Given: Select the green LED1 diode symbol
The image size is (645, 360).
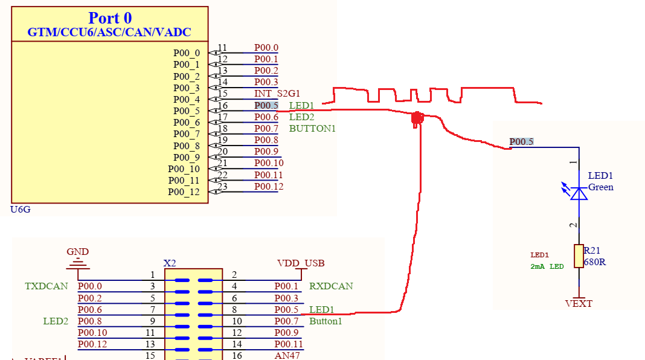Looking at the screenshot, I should (x=579, y=193).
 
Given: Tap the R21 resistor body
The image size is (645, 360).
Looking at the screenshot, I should (x=579, y=256).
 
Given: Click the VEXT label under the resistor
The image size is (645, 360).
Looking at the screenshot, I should (x=579, y=304).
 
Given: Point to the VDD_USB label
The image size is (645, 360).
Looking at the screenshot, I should (x=300, y=263).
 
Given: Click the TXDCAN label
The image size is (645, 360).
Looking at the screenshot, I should (x=47, y=286).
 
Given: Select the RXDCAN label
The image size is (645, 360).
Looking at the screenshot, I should (x=331, y=286).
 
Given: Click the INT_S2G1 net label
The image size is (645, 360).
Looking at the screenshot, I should (x=277, y=94).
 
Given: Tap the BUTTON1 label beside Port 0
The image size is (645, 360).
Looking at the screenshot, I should (x=312, y=129).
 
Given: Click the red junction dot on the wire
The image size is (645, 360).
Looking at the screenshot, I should (x=416, y=119).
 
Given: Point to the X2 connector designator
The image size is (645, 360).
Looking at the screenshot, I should (x=170, y=263).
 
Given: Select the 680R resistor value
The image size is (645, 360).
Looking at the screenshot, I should (x=595, y=263).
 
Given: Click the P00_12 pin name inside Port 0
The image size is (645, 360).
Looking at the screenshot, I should (x=184, y=192).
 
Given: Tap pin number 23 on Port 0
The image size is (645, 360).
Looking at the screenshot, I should (x=222, y=187).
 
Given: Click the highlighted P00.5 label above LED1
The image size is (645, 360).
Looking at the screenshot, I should (x=521, y=142).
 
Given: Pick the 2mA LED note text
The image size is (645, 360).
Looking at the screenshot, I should (x=547, y=266).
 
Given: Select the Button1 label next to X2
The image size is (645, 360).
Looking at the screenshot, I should (x=326, y=321).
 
